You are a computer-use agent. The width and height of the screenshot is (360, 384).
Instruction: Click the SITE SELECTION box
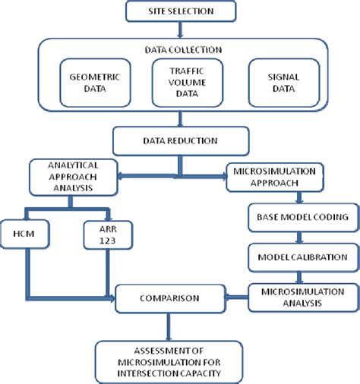pos(180,12)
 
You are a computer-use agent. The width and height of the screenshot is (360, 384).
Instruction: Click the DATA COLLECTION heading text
pos(181,49)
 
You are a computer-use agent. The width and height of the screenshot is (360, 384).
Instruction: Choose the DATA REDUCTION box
pos(181,140)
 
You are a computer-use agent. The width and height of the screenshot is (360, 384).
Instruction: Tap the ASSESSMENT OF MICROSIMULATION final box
pos(180,360)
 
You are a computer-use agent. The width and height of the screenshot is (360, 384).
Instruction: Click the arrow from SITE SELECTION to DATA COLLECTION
pos(180,29)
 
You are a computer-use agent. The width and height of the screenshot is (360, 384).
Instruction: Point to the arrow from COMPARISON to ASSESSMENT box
pos(180,327)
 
